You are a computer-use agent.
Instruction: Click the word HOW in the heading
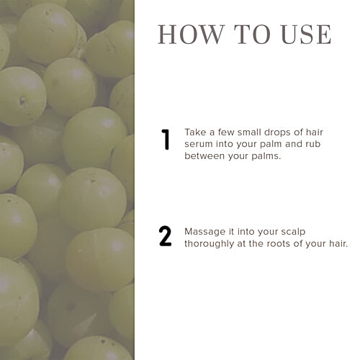pos(191,35)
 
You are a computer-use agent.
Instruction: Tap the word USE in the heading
pos(306,35)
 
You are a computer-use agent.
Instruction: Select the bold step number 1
pos(166,140)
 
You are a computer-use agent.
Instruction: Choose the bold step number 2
pos(166,236)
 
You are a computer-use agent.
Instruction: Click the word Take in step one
pos(194,132)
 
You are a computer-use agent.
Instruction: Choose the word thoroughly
pos(210,244)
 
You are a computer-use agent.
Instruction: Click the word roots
pos(276,244)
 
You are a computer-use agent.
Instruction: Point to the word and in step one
pos(294,144)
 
